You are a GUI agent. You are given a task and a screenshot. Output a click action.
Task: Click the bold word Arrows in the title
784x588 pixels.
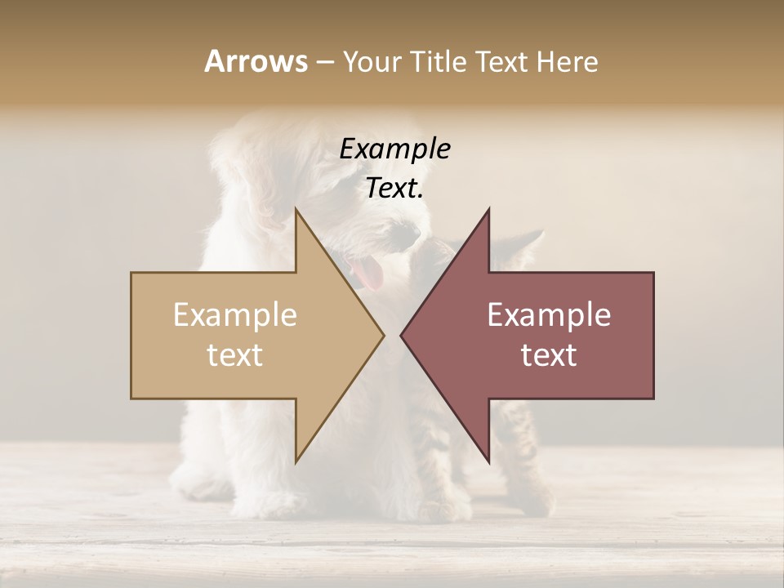pyautogui.click(x=256, y=61)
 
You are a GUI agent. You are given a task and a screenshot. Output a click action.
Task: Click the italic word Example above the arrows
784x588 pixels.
pyautogui.click(x=394, y=149)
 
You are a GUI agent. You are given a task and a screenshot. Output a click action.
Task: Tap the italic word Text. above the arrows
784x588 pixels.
pyautogui.click(x=394, y=188)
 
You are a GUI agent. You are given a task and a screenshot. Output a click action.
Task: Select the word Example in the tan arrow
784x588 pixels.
pyautogui.click(x=235, y=314)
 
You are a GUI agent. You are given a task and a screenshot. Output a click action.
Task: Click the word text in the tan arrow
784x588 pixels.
pyautogui.click(x=235, y=354)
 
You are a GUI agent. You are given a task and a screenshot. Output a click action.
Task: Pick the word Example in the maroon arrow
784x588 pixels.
pyautogui.click(x=549, y=314)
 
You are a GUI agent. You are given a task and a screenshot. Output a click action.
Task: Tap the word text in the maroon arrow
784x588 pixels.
pyautogui.click(x=549, y=354)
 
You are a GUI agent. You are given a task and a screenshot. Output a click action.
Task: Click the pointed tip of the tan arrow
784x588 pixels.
pyautogui.click(x=383, y=335)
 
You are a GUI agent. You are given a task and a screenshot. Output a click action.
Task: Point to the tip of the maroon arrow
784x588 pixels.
pyautogui.click(x=402, y=335)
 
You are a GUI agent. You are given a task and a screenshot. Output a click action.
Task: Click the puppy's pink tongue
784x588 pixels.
pyautogui.click(x=370, y=274)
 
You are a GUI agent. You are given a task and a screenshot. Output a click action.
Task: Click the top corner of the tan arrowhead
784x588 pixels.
pyautogui.click(x=296, y=209)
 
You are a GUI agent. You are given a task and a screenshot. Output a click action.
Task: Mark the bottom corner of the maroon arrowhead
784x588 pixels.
pyautogui.click(x=488, y=461)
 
